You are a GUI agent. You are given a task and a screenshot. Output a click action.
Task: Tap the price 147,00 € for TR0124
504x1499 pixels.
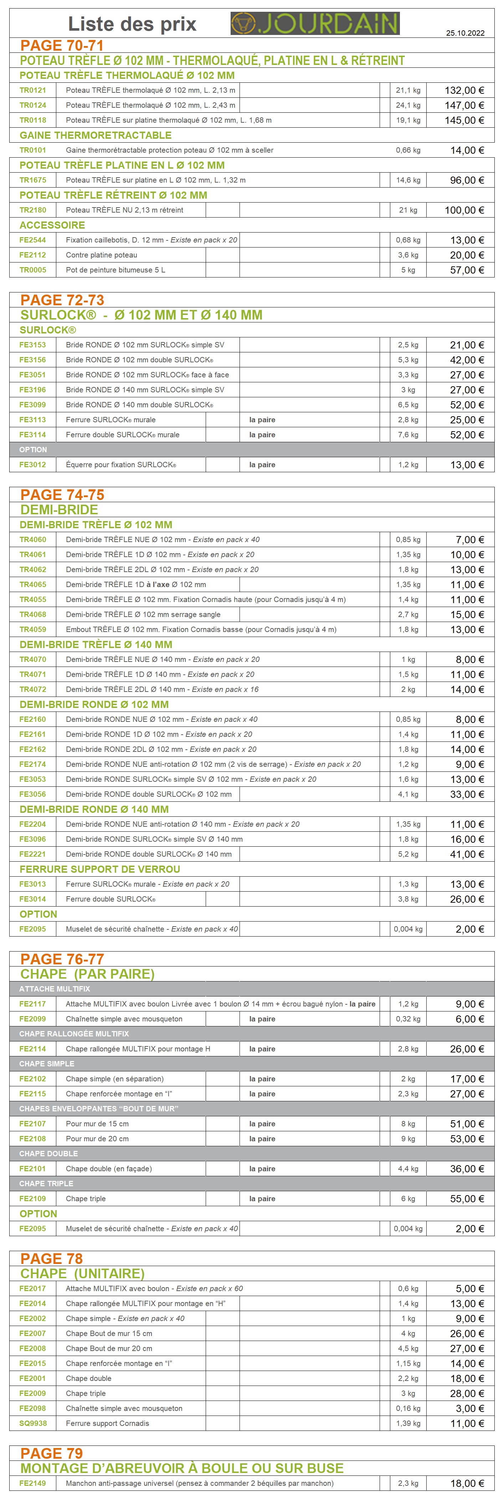[x=464, y=105]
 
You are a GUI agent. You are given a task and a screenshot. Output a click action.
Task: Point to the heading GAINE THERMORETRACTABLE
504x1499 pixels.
[x=95, y=135]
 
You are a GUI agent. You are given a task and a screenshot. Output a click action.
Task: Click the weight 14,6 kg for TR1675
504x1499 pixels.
[x=407, y=180]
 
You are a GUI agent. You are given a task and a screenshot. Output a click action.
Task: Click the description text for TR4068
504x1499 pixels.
[x=143, y=615]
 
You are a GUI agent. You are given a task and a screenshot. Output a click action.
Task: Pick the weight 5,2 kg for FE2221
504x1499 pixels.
[x=407, y=854]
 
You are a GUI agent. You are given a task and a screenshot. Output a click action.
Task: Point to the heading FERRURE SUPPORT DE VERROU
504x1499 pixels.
[x=100, y=869]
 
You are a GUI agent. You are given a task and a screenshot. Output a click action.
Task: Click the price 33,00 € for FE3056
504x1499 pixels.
[x=466, y=794]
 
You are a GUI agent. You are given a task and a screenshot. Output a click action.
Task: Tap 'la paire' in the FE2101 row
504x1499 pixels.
[x=262, y=1168]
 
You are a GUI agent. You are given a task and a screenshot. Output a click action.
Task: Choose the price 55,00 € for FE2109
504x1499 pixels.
[x=466, y=1199]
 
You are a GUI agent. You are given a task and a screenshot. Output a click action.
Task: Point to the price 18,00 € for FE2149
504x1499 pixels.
[x=466, y=1483]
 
